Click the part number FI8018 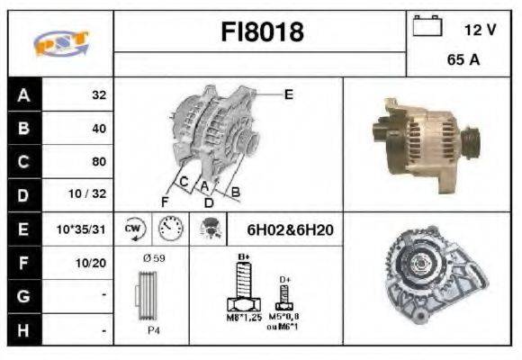pyautogui.click(x=262, y=32)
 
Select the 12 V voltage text pyautogui.click(x=480, y=30)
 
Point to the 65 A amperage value pyautogui.click(x=463, y=63)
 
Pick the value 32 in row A pyautogui.click(x=98, y=94)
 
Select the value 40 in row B pyautogui.click(x=98, y=128)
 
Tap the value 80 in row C pyautogui.click(x=98, y=162)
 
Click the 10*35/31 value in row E pyautogui.click(x=81, y=229)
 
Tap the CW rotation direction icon pyautogui.click(x=133, y=229)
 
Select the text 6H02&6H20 pyautogui.click(x=290, y=230)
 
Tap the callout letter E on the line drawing pyautogui.click(x=288, y=94)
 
